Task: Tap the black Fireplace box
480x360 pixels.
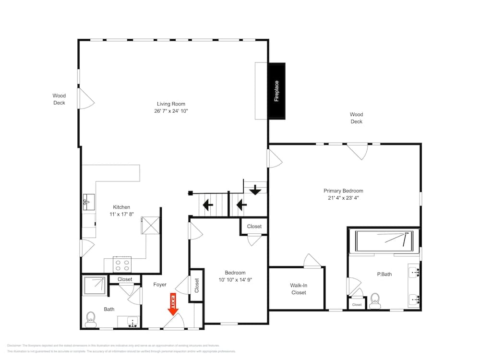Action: tap(276, 91)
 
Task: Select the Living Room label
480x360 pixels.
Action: tap(171, 104)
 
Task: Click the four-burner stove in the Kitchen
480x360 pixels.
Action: tap(122, 264)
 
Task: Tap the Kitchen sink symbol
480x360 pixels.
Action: tap(88, 202)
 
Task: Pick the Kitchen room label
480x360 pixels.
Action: tap(121, 207)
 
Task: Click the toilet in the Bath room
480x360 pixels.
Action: tap(90, 319)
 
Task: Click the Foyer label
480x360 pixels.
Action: tap(160, 285)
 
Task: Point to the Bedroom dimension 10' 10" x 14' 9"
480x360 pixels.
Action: tap(235, 280)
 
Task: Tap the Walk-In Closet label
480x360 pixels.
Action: tap(299, 289)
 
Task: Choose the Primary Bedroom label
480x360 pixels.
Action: tap(343, 191)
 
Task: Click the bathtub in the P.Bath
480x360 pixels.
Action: tap(384, 241)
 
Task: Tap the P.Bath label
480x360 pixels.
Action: tap(384, 275)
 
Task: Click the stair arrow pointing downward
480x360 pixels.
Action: tap(255, 190)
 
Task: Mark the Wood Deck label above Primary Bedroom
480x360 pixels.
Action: tap(356, 118)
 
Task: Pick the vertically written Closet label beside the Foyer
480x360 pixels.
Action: tap(197, 285)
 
